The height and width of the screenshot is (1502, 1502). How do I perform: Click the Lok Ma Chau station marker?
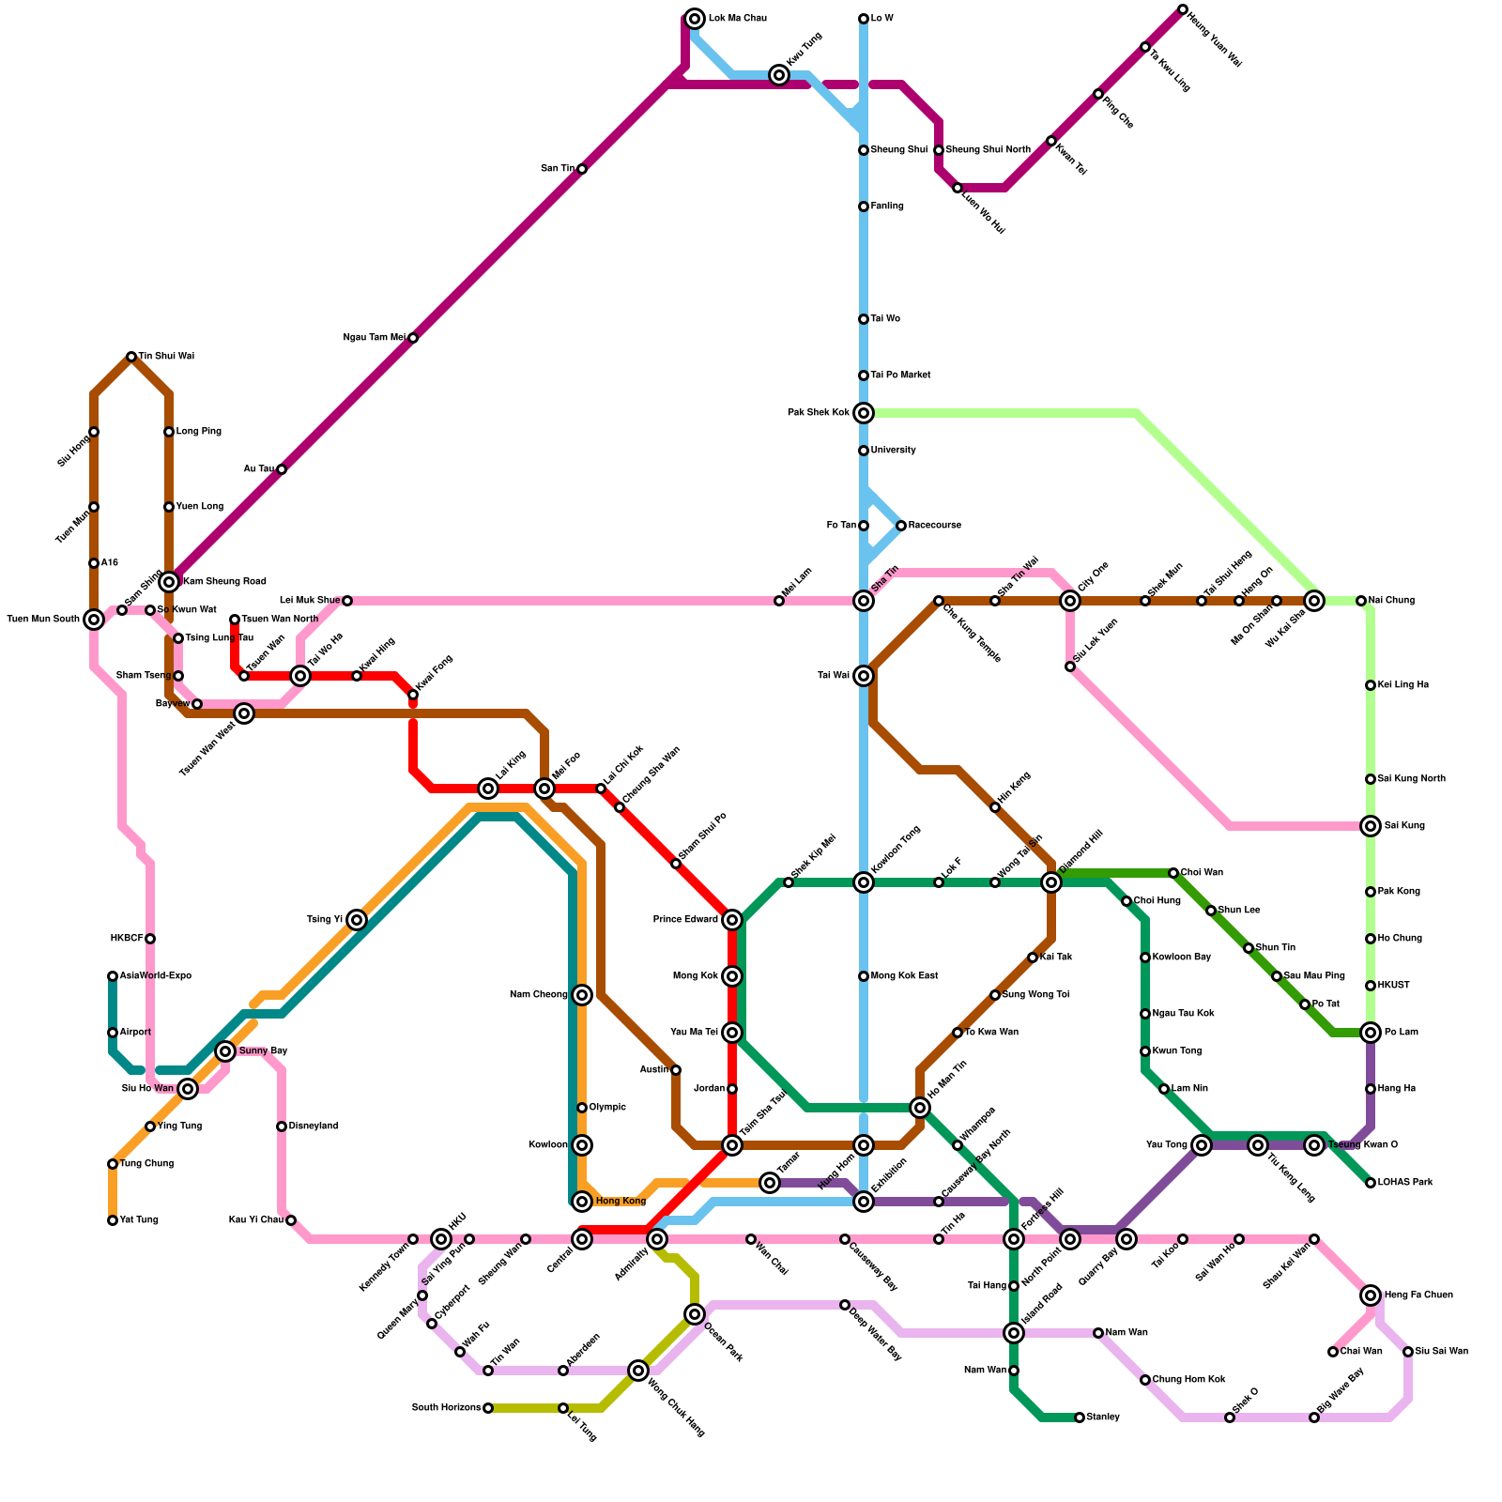click(695, 19)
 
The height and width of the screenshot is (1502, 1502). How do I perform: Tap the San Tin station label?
click(557, 169)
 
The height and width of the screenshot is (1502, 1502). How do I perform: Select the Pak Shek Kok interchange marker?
click(864, 413)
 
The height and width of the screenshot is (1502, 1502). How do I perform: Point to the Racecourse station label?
click(934, 526)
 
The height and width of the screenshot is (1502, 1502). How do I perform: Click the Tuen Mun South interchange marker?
click(94, 620)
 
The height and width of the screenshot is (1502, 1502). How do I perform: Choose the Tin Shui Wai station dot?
click(131, 357)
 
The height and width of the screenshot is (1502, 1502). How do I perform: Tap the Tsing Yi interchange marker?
click(357, 920)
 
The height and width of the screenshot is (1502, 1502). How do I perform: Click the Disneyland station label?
click(313, 1126)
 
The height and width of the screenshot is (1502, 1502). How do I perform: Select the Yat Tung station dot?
click(113, 1220)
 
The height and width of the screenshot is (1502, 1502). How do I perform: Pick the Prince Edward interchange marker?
click(732, 920)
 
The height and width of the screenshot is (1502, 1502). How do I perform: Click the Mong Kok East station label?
click(904, 976)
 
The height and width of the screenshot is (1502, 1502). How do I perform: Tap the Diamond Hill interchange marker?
click(1051, 882)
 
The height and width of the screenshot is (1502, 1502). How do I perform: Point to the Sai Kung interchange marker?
click(1371, 826)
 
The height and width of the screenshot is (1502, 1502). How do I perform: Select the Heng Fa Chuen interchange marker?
click(1371, 1295)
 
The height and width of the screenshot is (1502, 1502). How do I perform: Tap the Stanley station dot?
click(1080, 1418)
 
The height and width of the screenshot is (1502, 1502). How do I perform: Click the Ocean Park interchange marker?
click(695, 1314)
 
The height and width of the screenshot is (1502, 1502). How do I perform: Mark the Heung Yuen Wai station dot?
click(1183, 9)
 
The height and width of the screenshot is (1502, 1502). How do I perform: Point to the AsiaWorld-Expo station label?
click(155, 976)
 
